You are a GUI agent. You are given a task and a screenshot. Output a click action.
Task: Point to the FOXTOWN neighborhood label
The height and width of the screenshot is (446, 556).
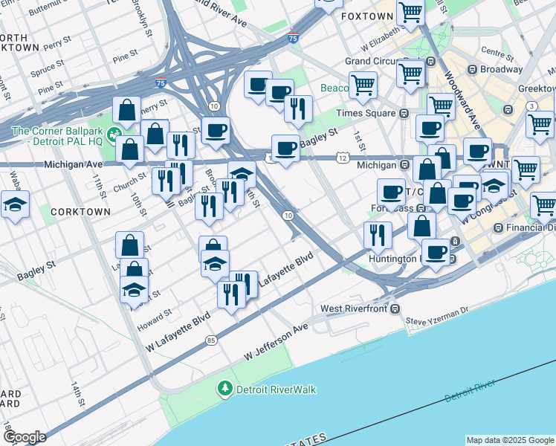(x=366, y=16)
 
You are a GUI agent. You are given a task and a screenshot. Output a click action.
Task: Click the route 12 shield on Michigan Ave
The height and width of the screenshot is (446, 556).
(x=341, y=158)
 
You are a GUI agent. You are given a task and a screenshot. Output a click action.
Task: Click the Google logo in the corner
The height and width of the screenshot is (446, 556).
(x=24, y=437)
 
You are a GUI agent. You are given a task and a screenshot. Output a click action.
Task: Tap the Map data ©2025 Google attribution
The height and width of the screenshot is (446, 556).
(x=509, y=440)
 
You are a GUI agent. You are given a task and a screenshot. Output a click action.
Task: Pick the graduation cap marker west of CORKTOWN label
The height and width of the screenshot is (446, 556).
(x=14, y=204)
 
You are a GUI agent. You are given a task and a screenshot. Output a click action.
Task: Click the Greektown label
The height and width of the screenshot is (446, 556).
(x=536, y=88)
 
